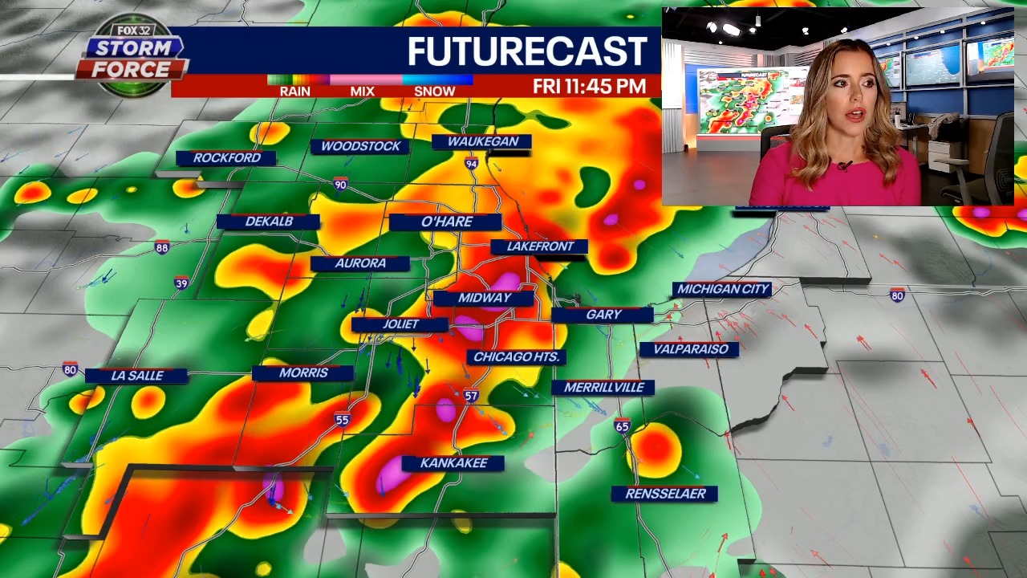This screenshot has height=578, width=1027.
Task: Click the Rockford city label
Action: [226, 158]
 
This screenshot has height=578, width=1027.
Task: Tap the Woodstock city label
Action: [360, 146]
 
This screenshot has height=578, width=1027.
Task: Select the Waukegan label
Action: [482, 142]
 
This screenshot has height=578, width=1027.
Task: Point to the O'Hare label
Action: [447, 222]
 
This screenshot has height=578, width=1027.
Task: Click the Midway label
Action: [485, 298]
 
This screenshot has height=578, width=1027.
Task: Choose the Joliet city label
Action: [400, 324]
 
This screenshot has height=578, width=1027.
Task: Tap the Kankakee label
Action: [453, 463]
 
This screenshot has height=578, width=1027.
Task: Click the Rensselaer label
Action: [665, 494]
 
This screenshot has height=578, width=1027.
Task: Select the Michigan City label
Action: [723, 289]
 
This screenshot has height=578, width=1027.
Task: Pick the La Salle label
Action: [136, 376]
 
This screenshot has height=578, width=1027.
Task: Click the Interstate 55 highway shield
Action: [343, 419]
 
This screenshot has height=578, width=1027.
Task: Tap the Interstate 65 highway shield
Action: [623, 426]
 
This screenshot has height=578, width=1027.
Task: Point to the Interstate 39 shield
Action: [181, 283]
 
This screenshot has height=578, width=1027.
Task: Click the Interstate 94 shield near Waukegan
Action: [472, 164]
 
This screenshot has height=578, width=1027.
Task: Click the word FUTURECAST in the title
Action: [526, 52]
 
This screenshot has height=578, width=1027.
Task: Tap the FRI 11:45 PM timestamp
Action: [589, 87]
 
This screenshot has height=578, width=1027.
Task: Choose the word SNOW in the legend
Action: [434, 92]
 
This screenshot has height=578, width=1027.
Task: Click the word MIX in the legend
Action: [362, 92]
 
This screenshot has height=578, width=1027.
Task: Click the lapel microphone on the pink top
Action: [843, 166]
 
